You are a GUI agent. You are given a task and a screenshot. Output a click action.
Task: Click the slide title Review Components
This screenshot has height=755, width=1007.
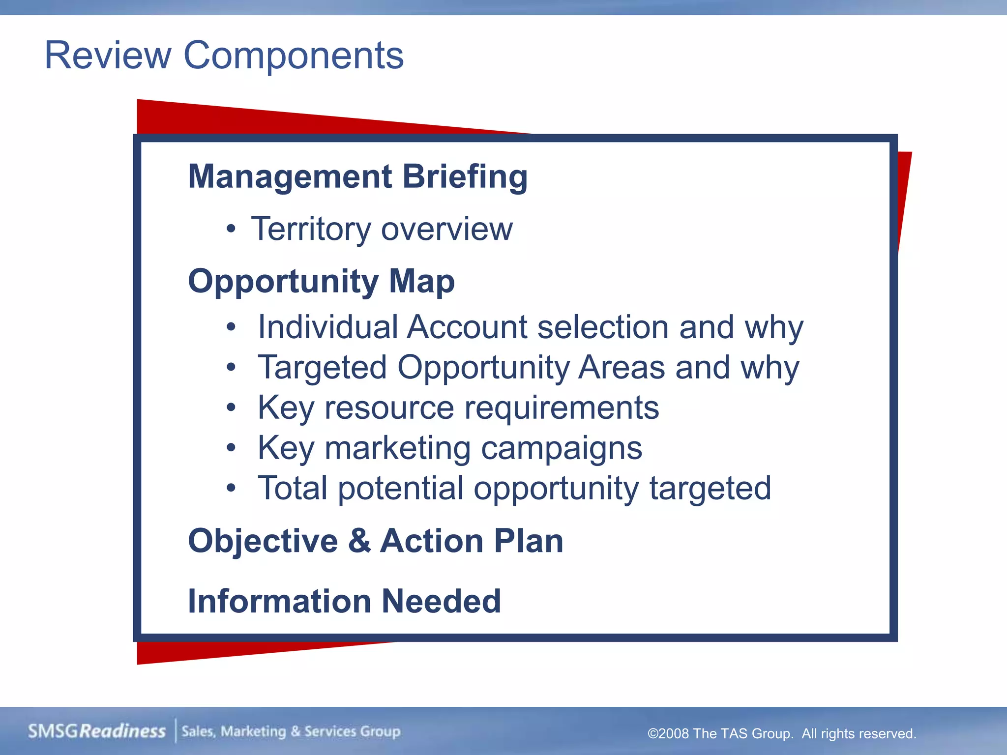click(224, 55)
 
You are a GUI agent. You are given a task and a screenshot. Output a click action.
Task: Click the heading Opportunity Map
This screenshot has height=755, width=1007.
click(321, 281)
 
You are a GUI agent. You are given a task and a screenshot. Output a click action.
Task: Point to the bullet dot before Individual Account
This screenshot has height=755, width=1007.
click(231, 327)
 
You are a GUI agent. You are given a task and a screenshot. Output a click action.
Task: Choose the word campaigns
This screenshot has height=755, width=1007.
click(561, 448)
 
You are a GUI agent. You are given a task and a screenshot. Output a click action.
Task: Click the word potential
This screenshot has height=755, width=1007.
click(400, 488)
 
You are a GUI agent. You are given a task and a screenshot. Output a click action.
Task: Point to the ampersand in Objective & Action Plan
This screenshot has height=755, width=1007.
click(359, 541)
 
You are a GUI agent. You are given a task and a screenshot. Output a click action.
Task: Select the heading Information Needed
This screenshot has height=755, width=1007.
click(344, 601)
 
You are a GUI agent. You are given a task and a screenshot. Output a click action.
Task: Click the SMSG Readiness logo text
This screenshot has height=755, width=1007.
click(97, 731)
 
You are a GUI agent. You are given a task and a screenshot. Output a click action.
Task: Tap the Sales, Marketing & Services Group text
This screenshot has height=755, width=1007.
click(291, 731)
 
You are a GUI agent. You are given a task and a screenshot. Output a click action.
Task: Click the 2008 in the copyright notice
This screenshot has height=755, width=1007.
click(673, 734)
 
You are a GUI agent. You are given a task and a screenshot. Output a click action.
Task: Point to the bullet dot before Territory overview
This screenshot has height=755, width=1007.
click(231, 229)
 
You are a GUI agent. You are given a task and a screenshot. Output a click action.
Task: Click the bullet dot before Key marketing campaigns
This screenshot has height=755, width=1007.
click(231, 448)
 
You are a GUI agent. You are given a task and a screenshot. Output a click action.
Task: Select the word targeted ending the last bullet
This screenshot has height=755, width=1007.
click(710, 488)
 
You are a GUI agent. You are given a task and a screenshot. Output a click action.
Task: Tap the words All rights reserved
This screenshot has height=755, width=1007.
click(859, 734)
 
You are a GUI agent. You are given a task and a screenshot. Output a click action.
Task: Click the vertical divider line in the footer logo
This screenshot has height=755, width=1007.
click(176, 731)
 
